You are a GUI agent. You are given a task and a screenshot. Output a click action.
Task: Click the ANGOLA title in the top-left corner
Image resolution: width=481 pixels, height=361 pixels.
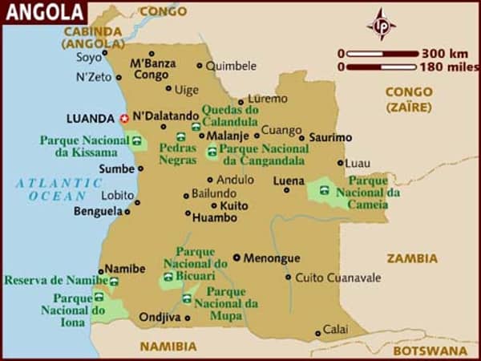[43, 12]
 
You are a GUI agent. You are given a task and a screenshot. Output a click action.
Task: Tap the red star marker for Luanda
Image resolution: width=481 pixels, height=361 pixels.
[124, 118]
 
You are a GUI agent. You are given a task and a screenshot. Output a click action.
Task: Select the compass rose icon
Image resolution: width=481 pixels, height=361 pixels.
[381, 25]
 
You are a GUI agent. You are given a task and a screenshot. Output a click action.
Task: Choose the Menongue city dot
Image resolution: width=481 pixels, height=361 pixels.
[236, 258]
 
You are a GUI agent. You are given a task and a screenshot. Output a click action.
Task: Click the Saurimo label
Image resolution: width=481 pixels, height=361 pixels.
[329, 137]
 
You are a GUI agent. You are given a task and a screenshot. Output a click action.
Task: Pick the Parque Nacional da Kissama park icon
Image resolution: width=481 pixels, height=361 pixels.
[137, 144]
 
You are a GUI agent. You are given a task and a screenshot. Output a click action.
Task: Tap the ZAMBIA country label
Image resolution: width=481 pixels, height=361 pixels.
[412, 258]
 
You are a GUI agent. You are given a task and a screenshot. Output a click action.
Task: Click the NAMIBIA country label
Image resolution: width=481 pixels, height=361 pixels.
[168, 347]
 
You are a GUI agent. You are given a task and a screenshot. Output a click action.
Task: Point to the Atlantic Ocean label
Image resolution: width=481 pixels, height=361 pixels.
[56, 189]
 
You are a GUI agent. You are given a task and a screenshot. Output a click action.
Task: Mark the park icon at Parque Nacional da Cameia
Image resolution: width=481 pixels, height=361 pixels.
[325, 191]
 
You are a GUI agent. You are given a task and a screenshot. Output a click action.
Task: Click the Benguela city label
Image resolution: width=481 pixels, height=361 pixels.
[96, 212]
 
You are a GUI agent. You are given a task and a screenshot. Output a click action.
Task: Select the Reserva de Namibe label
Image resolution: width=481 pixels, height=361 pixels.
[55, 280]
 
